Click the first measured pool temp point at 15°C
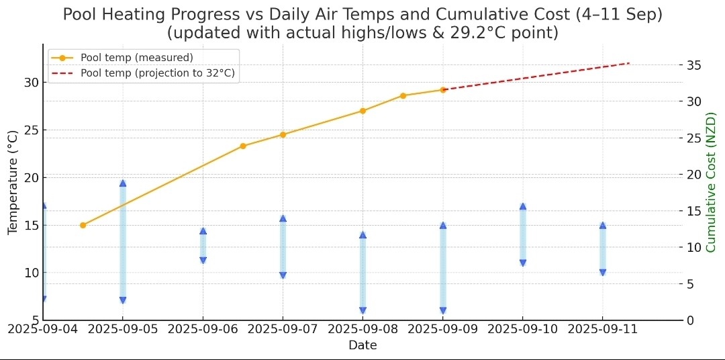83,225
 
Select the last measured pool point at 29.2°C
443,89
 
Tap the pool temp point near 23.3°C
243,146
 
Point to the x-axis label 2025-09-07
283,329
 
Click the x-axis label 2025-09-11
602,329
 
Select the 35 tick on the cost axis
694,65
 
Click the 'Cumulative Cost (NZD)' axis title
712,183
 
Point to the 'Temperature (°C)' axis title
13,183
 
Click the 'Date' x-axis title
362,345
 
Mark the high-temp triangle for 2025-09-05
123,183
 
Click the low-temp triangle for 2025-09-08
362,310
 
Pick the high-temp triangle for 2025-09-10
523,207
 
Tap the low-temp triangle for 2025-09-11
603,272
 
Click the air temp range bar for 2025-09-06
203,246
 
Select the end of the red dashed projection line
629,63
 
